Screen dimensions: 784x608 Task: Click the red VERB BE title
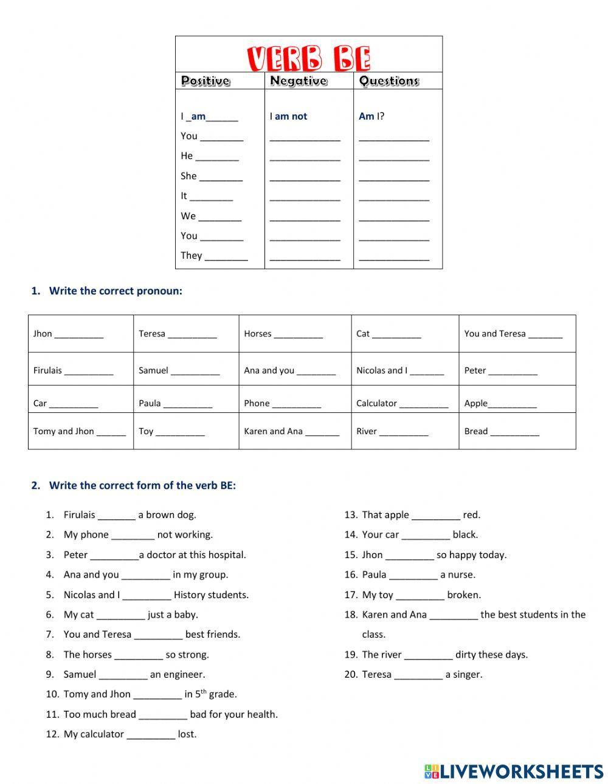[x=309, y=58]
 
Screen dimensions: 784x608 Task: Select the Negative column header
[x=298, y=81]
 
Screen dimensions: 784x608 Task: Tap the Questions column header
[x=389, y=81]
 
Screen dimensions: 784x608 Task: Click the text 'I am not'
[x=288, y=116]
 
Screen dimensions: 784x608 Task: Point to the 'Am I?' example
[x=371, y=116]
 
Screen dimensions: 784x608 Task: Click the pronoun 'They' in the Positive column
[x=191, y=255]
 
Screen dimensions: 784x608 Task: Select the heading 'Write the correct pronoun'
[x=116, y=291]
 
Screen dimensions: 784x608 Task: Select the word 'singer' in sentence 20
[x=468, y=674]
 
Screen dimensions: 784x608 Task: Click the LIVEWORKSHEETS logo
[x=514, y=771]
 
